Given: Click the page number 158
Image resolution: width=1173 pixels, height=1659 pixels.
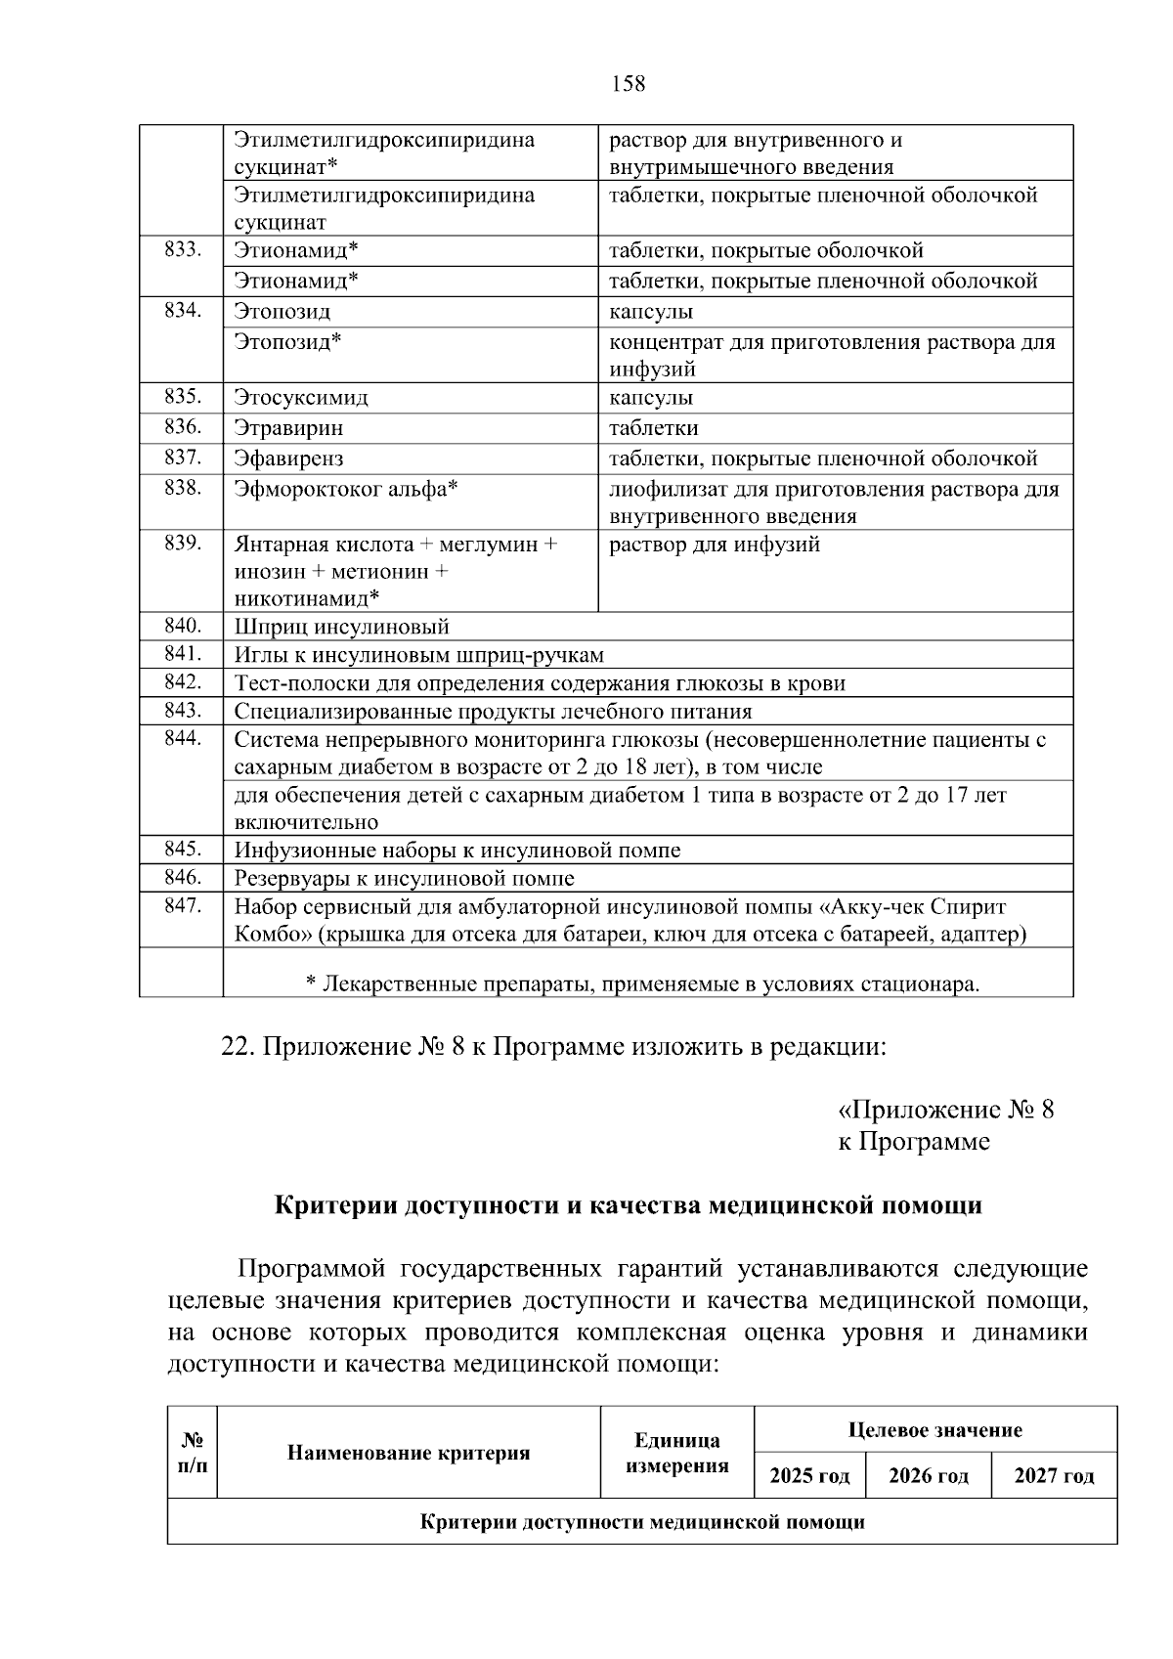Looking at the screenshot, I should click(x=628, y=84).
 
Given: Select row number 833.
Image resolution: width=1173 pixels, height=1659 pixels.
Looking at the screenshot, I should click(x=183, y=250).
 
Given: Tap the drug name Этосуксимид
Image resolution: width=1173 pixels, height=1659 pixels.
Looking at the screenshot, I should click(x=301, y=398).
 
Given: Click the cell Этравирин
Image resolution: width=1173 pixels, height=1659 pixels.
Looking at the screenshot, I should click(x=288, y=428).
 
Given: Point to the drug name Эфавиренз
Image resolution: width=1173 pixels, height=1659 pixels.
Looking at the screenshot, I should click(x=288, y=458).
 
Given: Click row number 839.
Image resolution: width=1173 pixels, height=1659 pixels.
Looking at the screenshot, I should click(x=183, y=544).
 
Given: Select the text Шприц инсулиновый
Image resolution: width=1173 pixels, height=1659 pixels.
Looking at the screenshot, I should click(x=341, y=627).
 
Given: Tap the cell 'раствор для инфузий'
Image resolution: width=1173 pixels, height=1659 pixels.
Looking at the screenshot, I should click(x=715, y=545).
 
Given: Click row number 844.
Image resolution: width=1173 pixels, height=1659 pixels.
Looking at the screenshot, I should click(x=183, y=738).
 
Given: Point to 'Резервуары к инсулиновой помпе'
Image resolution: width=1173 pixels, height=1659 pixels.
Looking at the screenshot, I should click(x=404, y=878).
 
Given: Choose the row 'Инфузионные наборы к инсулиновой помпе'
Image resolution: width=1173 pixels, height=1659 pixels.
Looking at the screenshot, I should click(x=456, y=850).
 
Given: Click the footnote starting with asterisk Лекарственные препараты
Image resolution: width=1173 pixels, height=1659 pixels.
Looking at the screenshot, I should click(x=642, y=983).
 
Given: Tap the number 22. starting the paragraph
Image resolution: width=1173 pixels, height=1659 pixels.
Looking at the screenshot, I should click(x=238, y=1047).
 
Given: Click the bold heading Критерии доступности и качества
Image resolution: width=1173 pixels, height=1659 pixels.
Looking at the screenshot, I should click(x=628, y=1205).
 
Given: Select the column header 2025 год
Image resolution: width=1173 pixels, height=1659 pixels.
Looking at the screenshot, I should click(x=809, y=1475).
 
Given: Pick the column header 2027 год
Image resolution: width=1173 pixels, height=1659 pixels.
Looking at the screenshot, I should click(x=1054, y=1475).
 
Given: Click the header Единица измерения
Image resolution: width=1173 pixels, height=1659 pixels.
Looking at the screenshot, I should click(x=677, y=1453).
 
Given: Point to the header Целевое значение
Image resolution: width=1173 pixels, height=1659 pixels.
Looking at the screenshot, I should click(x=935, y=1430).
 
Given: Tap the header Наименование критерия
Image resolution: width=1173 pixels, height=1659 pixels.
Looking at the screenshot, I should click(x=409, y=1453).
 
